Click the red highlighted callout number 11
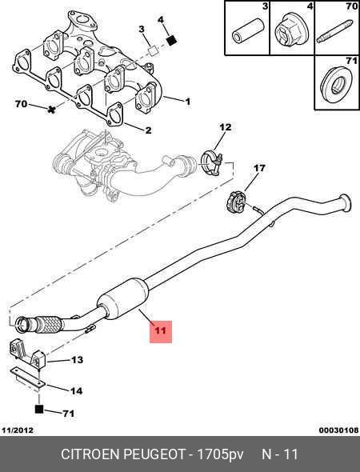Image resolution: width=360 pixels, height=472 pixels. click(x=161, y=330)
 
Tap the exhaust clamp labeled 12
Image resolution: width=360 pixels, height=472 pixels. click(x=212, y=162)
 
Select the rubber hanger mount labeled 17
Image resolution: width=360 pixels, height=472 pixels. click(x=236, y=202)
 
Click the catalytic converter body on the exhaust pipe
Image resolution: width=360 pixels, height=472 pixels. click(x=123, y=298)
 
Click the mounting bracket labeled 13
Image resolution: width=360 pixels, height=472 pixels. click(x=26, y=353)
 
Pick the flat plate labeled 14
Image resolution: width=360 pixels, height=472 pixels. click(x=27, y=377)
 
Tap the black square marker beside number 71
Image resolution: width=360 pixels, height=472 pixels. click(x=39, y=409)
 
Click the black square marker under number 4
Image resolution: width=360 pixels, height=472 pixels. click(x=171, y=40)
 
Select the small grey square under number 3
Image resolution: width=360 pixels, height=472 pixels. click(x=154, y=50)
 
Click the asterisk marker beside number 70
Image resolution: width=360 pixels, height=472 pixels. click(x=52, y=110)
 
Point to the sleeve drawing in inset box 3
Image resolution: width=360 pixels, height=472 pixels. click(x=248, y=30)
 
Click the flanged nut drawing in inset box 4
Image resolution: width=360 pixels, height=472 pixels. click(x=290, y=30)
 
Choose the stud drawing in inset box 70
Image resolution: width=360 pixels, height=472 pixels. click(x=334, y=31)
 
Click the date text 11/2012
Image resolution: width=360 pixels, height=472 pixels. click(x=18, y=430)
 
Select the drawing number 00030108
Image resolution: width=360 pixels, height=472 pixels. click(x=339, y=430)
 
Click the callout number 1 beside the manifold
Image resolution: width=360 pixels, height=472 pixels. click(x=188, y=102)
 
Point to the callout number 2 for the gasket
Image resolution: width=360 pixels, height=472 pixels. click(x=148, y=130)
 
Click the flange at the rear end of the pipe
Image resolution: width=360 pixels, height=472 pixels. click(x=345, y=203)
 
